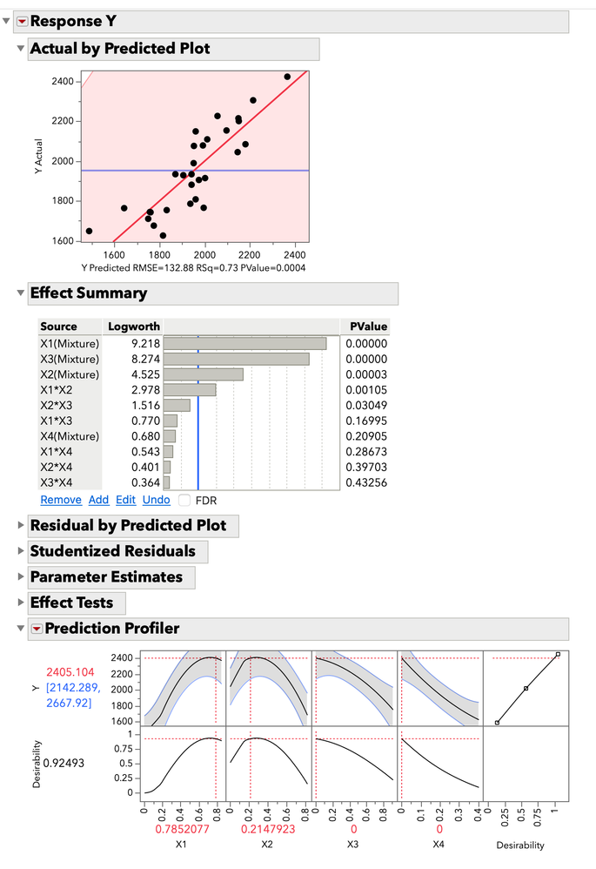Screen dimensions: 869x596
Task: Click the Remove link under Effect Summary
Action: [61, 500]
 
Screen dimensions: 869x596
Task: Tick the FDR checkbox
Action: [184, 500]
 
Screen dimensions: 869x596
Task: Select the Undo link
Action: [157, 500]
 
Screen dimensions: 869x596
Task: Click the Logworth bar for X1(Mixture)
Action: [244, 344]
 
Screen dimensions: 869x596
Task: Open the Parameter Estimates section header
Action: [105, 577]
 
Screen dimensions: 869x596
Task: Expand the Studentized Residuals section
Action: [112, 551]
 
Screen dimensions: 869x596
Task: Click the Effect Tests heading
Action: [71, 603]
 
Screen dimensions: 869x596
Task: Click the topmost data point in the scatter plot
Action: [287, 77]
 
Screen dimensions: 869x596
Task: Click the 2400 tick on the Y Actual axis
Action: [64, 82]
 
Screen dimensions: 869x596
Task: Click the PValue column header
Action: [367, 327]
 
